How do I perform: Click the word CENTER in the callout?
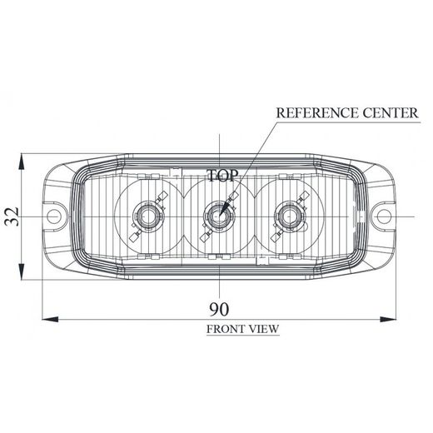tap(382, 112)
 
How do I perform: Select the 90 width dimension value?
tap(220, 308)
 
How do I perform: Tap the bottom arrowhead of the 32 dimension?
tap(24, 276)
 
